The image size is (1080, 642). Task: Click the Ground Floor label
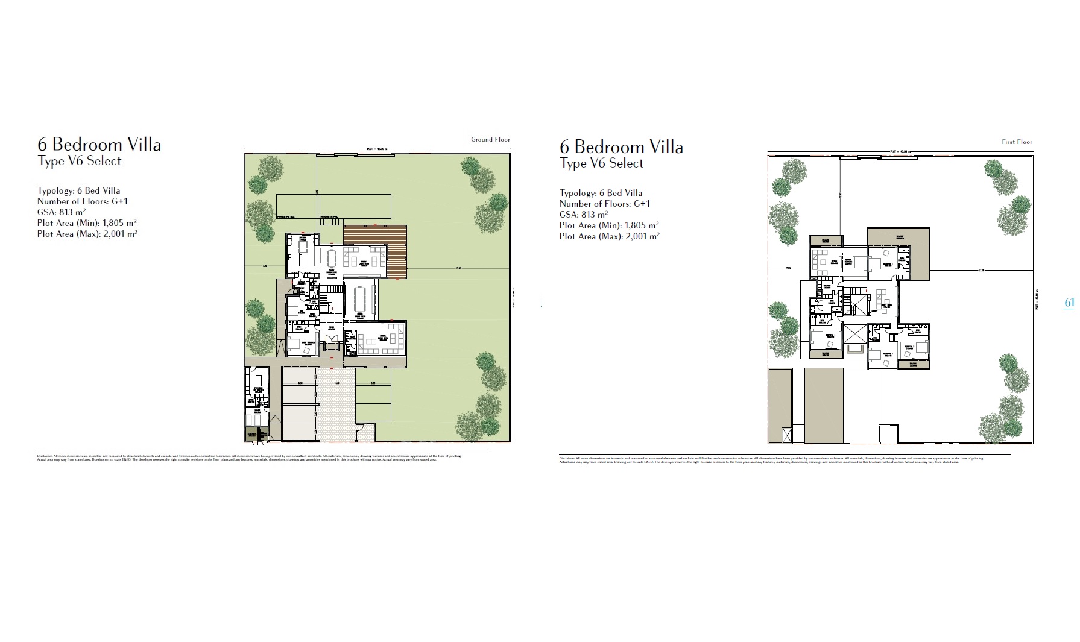(x=490, y=139)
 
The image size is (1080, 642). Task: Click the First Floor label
(x=1017, y=142)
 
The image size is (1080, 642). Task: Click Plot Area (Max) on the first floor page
(x=609, y=236)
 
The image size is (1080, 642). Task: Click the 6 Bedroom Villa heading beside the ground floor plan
(x=99, y=145)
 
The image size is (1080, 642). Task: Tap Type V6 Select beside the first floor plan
(x=601, y=163)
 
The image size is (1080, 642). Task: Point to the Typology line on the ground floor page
(x=78, y=190)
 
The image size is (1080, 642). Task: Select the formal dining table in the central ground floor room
(x=360, y=300)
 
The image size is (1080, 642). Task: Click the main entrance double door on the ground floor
(x=331, y=347)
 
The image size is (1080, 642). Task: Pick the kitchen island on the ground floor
(x=302, y=253)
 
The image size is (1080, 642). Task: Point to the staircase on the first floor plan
(x=853, y=299)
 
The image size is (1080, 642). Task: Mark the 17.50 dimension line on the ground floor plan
(x=458, y=269)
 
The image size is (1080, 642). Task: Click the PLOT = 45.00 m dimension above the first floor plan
(x=902, y=151)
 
